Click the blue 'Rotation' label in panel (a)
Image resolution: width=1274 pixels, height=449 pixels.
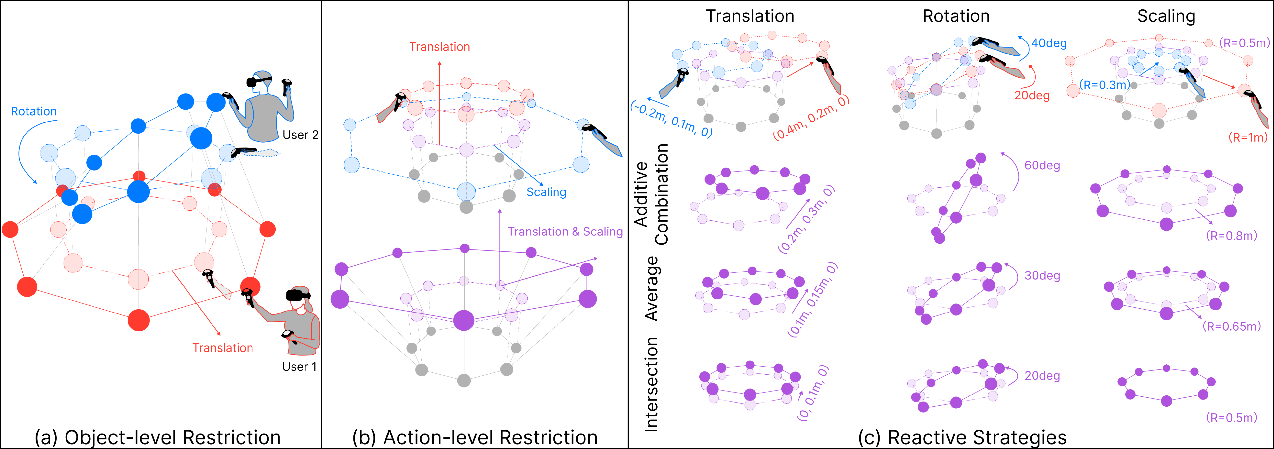[x=34, y=111]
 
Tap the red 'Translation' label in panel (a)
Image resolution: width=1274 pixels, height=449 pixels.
[x=223, y=348]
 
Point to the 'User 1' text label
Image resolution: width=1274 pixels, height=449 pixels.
[x=299, y=367]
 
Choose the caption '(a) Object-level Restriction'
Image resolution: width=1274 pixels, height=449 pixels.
[x=157, y=438]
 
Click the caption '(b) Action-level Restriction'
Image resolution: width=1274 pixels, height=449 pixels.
[x=475, y=438]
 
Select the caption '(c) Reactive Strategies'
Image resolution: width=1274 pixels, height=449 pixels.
[x=962, y=438]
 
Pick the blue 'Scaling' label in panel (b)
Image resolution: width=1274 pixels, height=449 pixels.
[x=546, y=192]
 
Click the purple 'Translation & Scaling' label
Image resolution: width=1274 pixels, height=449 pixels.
[x=565, y=232]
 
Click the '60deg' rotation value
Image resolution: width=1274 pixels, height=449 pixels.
[x=1042, y=165]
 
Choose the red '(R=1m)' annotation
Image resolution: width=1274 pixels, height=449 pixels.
[x=1248, y=137]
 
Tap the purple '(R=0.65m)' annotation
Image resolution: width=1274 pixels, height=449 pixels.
[x=1232, y=326]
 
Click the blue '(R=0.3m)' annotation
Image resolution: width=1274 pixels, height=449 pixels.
[x=1104, y=85]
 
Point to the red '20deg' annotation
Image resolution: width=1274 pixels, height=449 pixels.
[x=1032, y=95]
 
